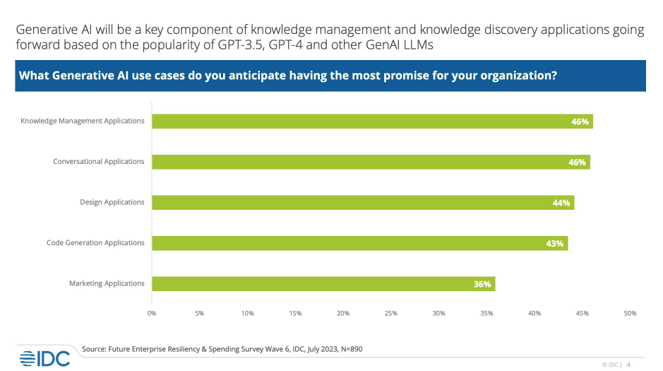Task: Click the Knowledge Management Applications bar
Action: tap(372, 121)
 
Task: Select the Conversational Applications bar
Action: tap(371, 162)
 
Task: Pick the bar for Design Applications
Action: tap(363, 202)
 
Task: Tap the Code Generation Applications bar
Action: tap(359, 243)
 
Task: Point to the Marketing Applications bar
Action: tap(323, 283)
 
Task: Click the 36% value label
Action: tap(482, 284)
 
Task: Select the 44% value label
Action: tap(561, 203)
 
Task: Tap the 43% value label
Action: tap(555, 244)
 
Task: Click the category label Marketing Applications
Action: tap(107, 283)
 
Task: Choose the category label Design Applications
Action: tap(112, 202)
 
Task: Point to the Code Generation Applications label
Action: tap(95, 243)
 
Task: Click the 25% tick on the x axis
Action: tap(391, 313)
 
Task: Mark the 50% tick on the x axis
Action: tap(630, 313)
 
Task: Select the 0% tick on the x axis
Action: tap(152, 313)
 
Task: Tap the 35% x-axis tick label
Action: tap(486, 313)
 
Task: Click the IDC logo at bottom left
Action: tap(44, 358)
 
